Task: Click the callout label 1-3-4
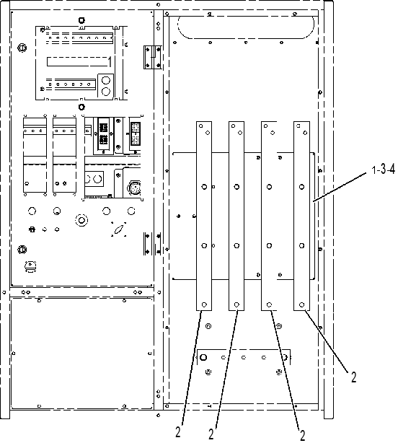[x=383, y=170]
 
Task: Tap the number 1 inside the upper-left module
[x=110, y=61]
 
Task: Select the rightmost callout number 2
[x=354, y=377]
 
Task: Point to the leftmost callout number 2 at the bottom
[x=178, y=432]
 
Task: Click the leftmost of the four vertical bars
[x=204, y=216]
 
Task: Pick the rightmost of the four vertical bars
[x=301, y=216]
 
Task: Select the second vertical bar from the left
[x=236, y=216]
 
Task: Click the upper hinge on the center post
[x=153, y=57]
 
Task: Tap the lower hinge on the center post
[x=153, y=244]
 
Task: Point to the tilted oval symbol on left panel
[x=119, y=229]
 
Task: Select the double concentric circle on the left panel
[x=81, y=220]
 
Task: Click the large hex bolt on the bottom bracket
[x=203, y=357]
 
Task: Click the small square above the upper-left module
[x=81, y=20]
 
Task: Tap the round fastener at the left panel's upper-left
[x=22, y=48]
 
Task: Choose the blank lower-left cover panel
[x=81, y=353]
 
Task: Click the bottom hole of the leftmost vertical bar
[x=204, y=304]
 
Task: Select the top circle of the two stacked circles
[x=105, y=81]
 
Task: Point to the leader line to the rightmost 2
[x=327, y=341]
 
